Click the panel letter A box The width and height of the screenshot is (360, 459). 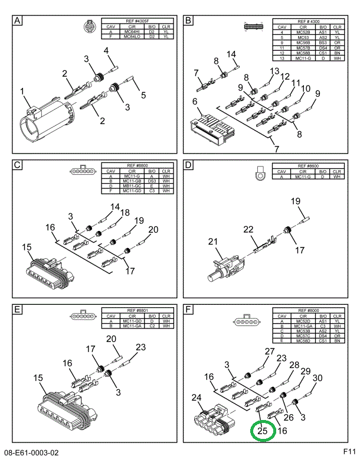(x=17, y=22)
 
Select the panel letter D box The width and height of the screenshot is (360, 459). (x=189, y=165)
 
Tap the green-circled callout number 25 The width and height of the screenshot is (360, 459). (x=263, y=431)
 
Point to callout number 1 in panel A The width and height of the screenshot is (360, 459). (x=22, y=92)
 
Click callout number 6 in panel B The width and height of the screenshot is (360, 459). (x=194, y=102)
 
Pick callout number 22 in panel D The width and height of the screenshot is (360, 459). (x=248, y=229)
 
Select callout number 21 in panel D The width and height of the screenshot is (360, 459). (x=212, y=241)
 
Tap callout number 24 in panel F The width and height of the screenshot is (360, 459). (x=197, y=399)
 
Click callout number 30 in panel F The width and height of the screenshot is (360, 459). (x=317, y=378)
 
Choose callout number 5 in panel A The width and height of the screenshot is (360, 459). (x=143, y=95)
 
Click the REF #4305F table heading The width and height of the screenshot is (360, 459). (x=138, y=22)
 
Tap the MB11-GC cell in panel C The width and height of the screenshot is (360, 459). (x=131, y=186)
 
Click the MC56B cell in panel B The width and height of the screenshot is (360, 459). (x=303, y=42)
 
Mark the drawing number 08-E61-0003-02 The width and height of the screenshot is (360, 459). (x=32, y=453)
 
